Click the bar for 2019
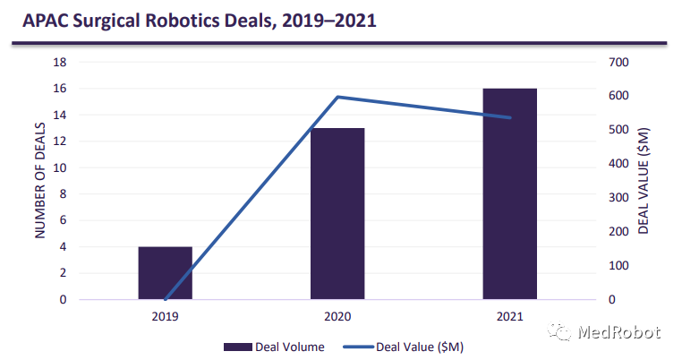pyautogui.click(x=165, y=273)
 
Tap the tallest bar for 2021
pyautogui.click(x=509, y=193)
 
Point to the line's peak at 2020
pyautogui.click(x=337, y=97)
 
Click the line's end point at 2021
pyautogui.click(x=509, y=117)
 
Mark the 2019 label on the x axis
pyautogui.click(x=165, y=316)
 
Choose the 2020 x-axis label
pyautogui.click(x=337, y=316)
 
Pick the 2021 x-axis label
pyautogui.click(x=509, y=316)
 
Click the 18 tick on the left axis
pyautogui.click(x=61, y=62)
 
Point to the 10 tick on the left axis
pyautogui.click(x=61, y=167)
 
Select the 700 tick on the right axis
pyautogui.click(x=620, y=62)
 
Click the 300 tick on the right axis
pyautogui.click(x=620, y=198)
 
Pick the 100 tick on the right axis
pyautogui.click(x=620, y=266)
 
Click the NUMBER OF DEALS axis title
pyautogui.click(x=40, y=181)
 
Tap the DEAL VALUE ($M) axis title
pyautogui.click(x=644, y=181)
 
